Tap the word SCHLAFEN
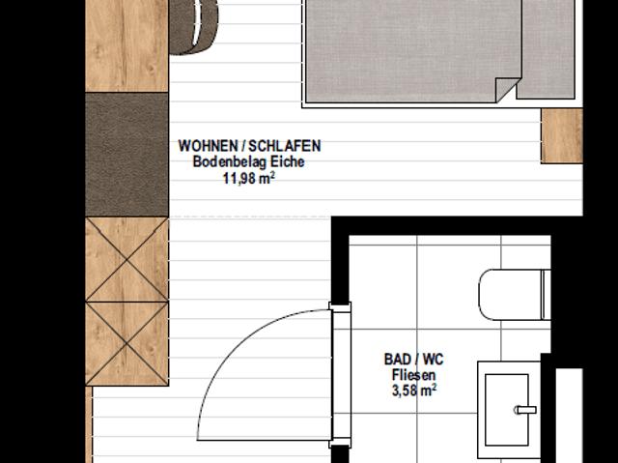click(285, 146)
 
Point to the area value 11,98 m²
click(249, 178)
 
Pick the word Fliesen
click(414, 375)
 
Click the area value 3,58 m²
click(414, 391)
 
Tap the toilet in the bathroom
click(515, 295)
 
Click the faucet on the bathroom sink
click(525, 410)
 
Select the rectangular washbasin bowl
click(506, 410)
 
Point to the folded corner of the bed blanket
click(506, 90)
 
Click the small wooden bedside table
click(562, 135)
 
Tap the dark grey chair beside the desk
click(193, 27)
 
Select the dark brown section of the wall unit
click(126, 155)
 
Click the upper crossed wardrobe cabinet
click(126, 259)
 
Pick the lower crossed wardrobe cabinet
click(126, 344)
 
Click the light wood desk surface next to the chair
click(126, 45)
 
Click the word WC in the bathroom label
click(433, 360)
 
